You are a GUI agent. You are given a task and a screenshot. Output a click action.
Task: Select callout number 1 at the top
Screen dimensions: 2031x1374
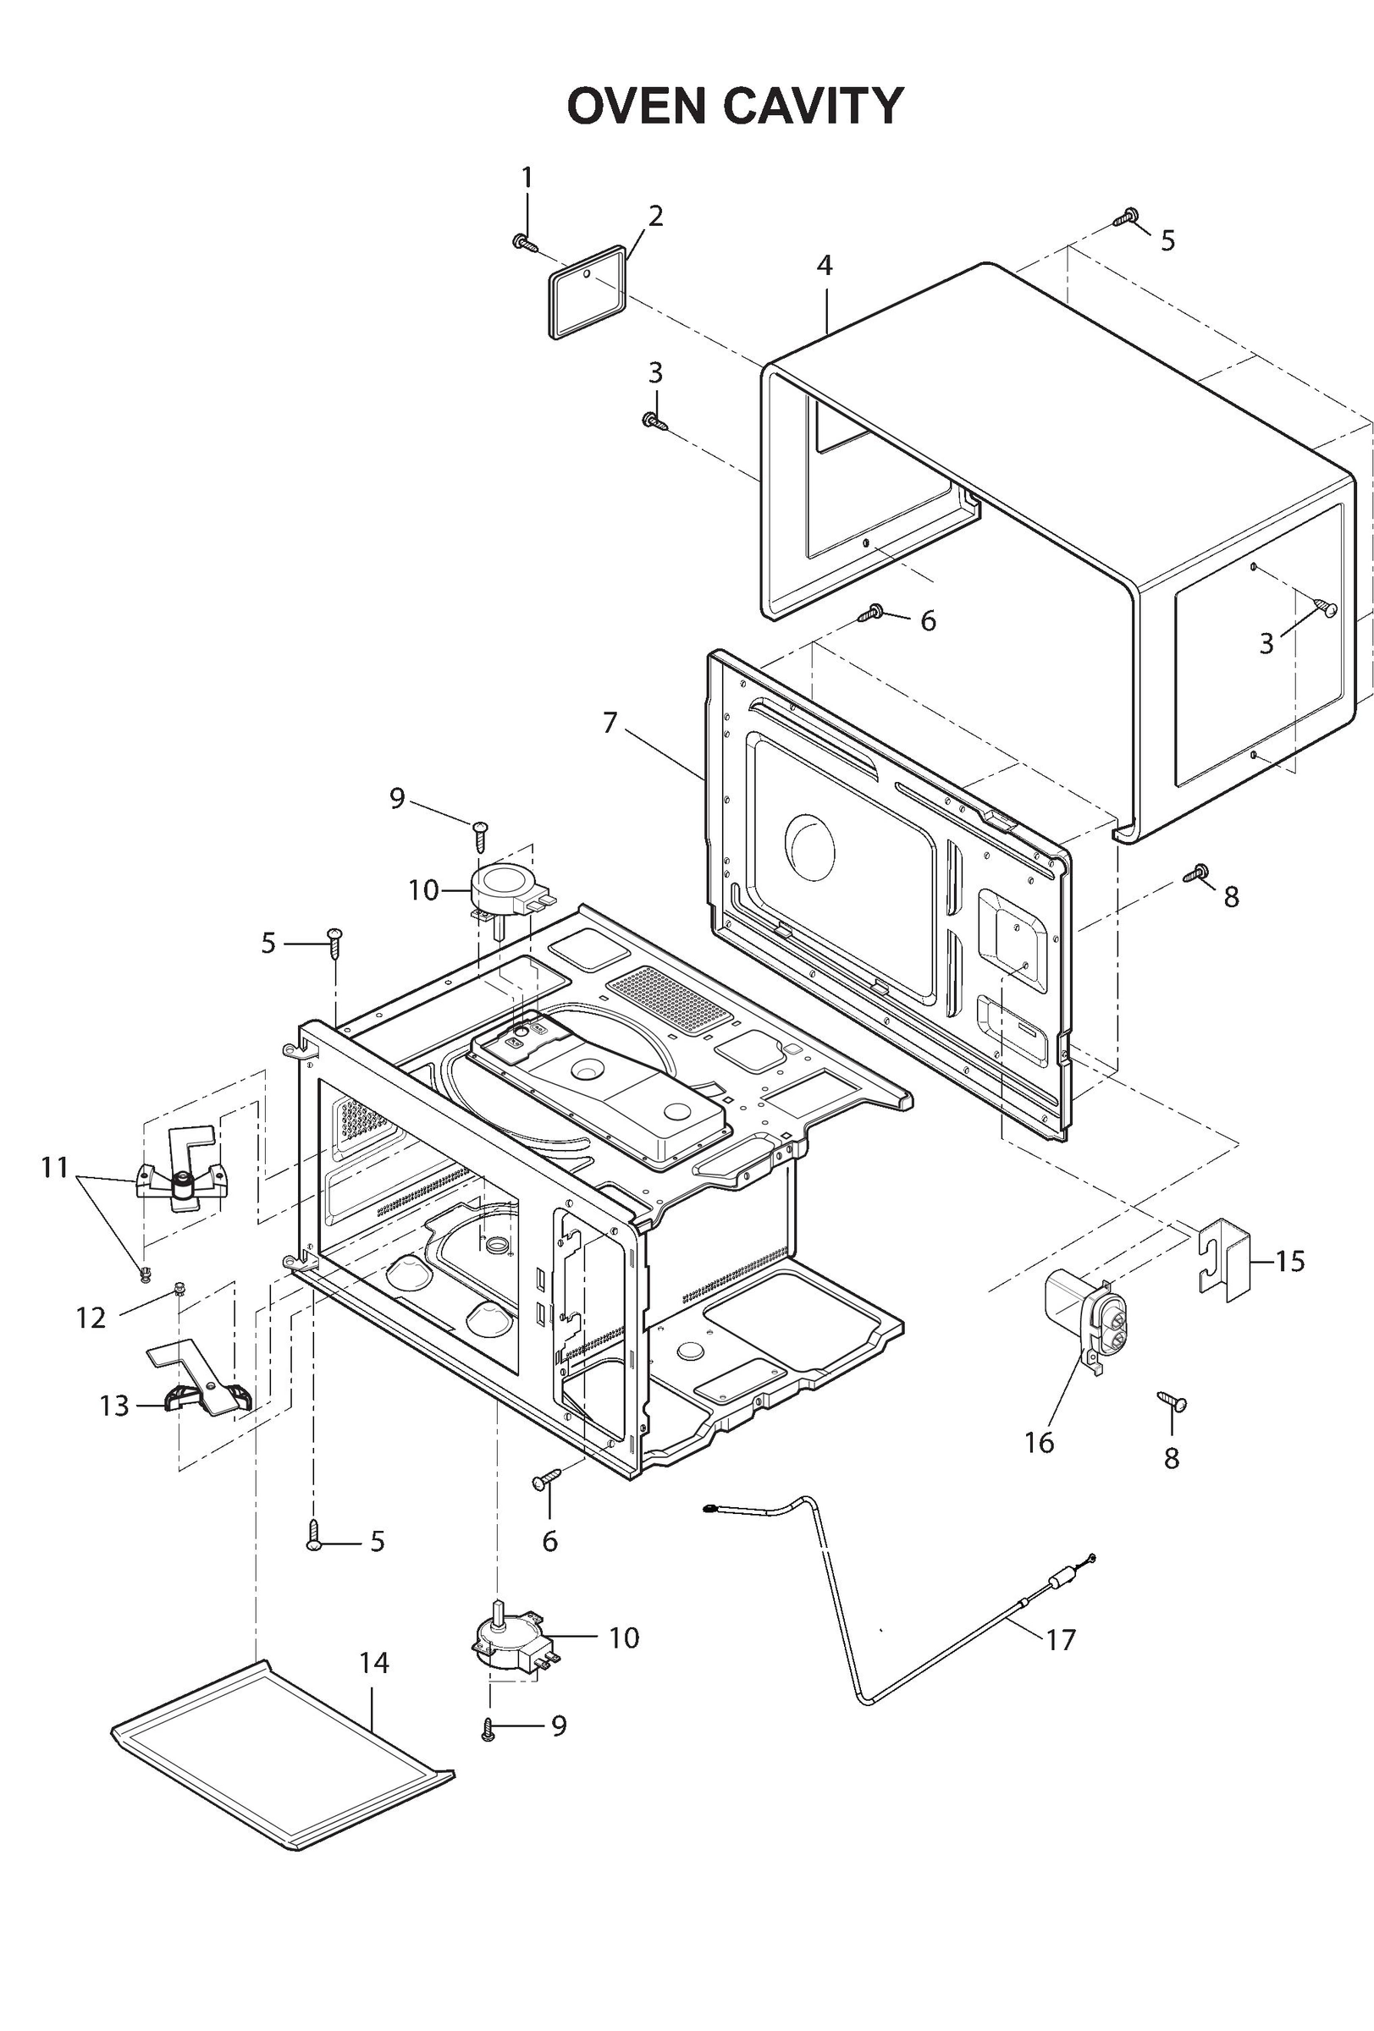[x=527, y=179]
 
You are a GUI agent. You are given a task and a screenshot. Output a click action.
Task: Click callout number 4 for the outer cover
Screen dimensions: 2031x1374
[x=824, y=266]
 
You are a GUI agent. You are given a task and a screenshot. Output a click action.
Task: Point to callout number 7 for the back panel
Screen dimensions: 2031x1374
[x=610, y=723]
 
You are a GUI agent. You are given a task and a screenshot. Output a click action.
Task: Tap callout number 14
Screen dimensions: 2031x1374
[x=373, y=1663]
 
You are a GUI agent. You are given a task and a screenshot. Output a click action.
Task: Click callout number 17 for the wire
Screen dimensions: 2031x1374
[x=1060, y=1640]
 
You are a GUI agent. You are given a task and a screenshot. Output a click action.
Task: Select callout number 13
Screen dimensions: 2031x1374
[x=113, y=1406]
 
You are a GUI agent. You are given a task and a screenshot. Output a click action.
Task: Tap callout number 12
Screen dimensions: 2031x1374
[x=91, y=1318]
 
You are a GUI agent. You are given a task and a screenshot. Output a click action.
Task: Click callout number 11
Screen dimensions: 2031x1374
[x=54, y=1168]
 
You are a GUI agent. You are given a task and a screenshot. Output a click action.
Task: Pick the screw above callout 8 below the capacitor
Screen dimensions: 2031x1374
[x=1170, y=1401]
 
